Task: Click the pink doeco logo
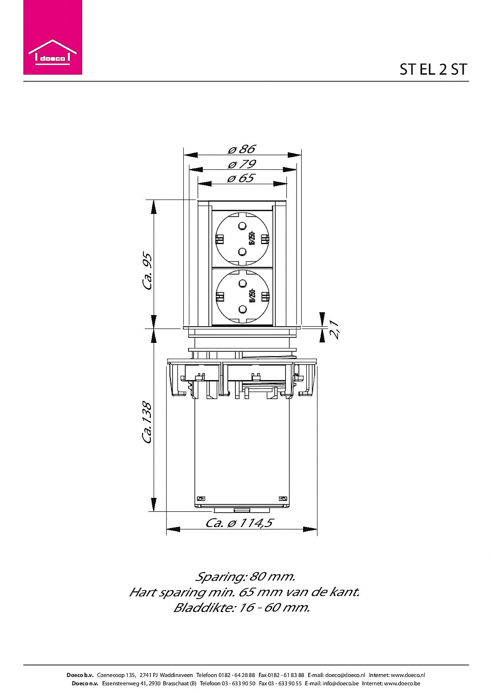(52, 37)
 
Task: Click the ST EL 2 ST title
(433, 70)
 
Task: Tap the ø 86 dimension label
(242, 149)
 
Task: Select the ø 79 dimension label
(242, 164)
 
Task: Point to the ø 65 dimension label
(241, 178)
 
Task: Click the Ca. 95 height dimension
(148, 271)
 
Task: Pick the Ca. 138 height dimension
(148, 422)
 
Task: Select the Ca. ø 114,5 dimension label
(240, 523)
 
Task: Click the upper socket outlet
(241, 239)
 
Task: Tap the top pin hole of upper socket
(241, 226)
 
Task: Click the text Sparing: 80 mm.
(245, 577)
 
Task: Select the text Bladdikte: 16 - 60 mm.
(241, 607)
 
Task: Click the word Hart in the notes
(142, 592)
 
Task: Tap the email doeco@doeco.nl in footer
(345, 675)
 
